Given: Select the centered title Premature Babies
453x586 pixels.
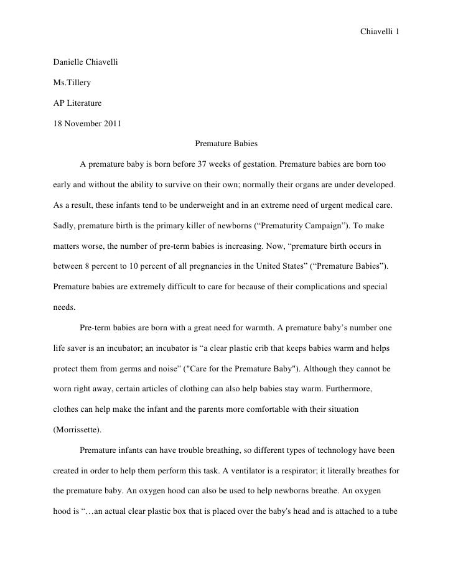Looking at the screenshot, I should [x=226, y=144].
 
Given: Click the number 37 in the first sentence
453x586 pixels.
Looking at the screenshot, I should [x=202, y=165].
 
